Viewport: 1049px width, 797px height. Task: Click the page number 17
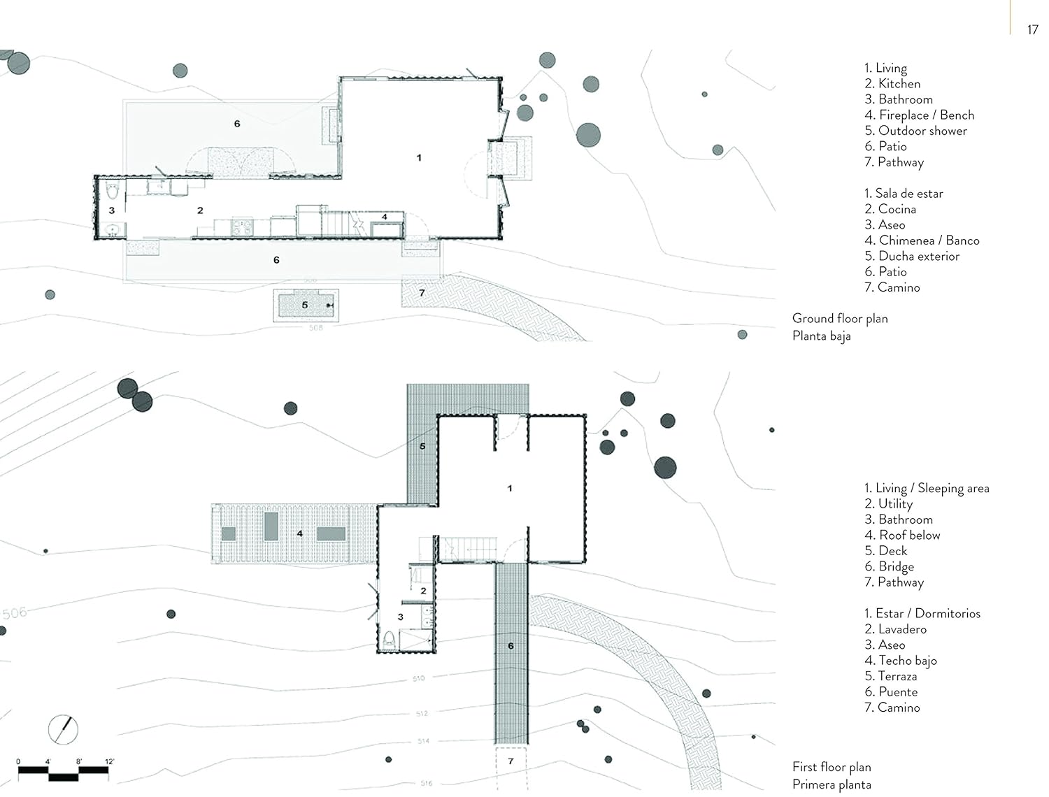pos(1032,29)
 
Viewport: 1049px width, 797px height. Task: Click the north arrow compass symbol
pos(64,729)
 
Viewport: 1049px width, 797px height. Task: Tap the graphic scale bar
pos(63,771)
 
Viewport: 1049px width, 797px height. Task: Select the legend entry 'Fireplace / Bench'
pos(919,115)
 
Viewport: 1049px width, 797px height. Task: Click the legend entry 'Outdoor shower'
pos(915,131)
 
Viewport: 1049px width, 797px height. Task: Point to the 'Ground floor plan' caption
pos(840,318)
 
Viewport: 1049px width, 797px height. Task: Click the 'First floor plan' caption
pos(832,767)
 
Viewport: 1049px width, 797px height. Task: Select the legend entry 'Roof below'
pos(902,535)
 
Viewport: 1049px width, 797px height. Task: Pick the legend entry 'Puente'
pos(891,691)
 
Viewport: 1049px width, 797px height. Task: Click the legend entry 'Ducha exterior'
pos(912,256)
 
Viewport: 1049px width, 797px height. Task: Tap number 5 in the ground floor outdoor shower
pos(305,305)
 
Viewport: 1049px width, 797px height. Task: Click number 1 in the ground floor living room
pos(419,158)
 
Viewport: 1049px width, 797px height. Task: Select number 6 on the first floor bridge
pos(511,646)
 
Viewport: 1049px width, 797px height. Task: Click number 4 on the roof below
pos(299,533)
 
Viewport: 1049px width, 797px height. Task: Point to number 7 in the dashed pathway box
pos(511,761)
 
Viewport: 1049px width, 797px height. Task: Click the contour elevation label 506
pos(14,613)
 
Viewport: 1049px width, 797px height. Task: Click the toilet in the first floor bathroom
pos(390,639)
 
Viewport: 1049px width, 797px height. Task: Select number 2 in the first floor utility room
pos(423,591)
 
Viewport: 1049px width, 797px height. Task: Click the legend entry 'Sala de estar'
pos(904,193)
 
